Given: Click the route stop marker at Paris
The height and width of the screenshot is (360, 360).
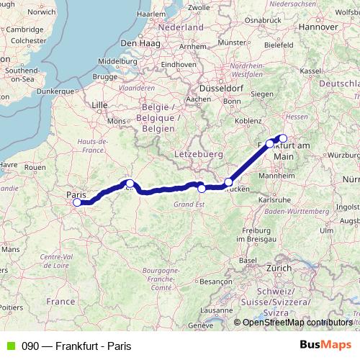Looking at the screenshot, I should [x=77, y=202].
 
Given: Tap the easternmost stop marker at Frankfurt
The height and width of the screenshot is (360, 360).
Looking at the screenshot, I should [x=283, y=138].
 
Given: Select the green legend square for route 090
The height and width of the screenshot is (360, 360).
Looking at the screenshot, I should [x=9, y=346].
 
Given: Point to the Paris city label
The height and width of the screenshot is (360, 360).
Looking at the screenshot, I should [x=76, y=194].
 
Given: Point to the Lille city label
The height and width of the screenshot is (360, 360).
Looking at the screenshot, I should [x=99, y=105].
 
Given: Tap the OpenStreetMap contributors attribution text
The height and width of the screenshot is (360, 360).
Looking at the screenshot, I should [x=297, y=323].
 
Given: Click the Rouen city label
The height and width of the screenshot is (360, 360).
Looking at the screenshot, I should [x=34, y=167].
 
